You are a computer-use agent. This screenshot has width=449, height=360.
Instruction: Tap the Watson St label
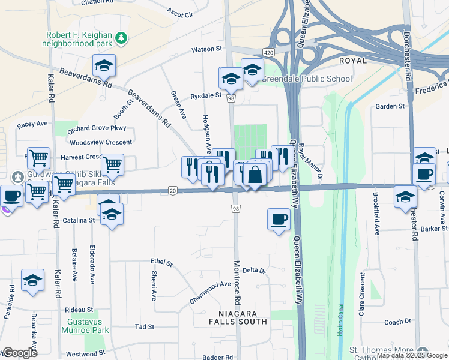coord(206,49)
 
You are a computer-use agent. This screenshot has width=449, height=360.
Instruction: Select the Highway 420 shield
coord(268,53)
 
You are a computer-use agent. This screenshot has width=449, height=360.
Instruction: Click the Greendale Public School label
coord(307,79)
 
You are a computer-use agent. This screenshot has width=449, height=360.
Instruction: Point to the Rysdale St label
coord(206,95)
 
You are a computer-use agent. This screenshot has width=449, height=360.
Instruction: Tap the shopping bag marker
coord(255,175)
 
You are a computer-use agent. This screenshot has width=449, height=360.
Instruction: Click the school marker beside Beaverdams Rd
coord(104,66)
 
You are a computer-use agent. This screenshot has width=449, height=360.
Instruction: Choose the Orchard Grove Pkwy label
coord(97,128)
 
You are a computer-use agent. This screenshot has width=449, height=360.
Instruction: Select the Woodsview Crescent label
coord(100,142)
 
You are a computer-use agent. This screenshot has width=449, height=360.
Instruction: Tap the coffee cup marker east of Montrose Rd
coord(277,220)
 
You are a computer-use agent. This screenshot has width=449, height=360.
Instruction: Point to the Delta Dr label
coord(254,271)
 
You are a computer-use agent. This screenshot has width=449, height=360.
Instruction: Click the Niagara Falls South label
coord(238,317)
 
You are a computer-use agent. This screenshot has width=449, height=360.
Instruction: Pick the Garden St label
coord(390,106)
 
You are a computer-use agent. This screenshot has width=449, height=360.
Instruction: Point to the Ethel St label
coord(161,263)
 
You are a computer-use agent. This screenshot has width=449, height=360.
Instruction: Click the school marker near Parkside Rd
coord(32,280)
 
